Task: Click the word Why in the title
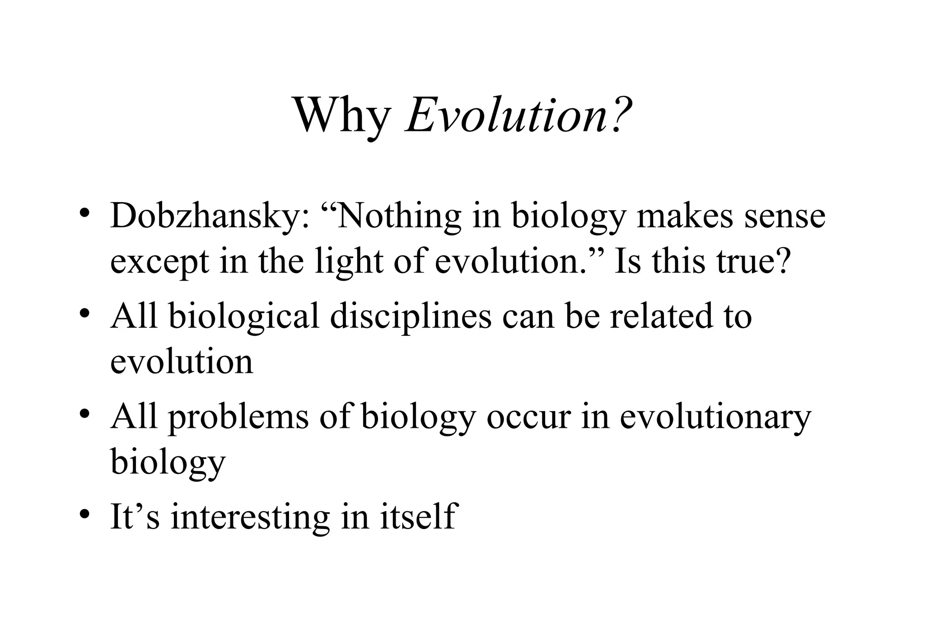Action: (342, 116)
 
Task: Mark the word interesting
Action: (250, 517)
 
